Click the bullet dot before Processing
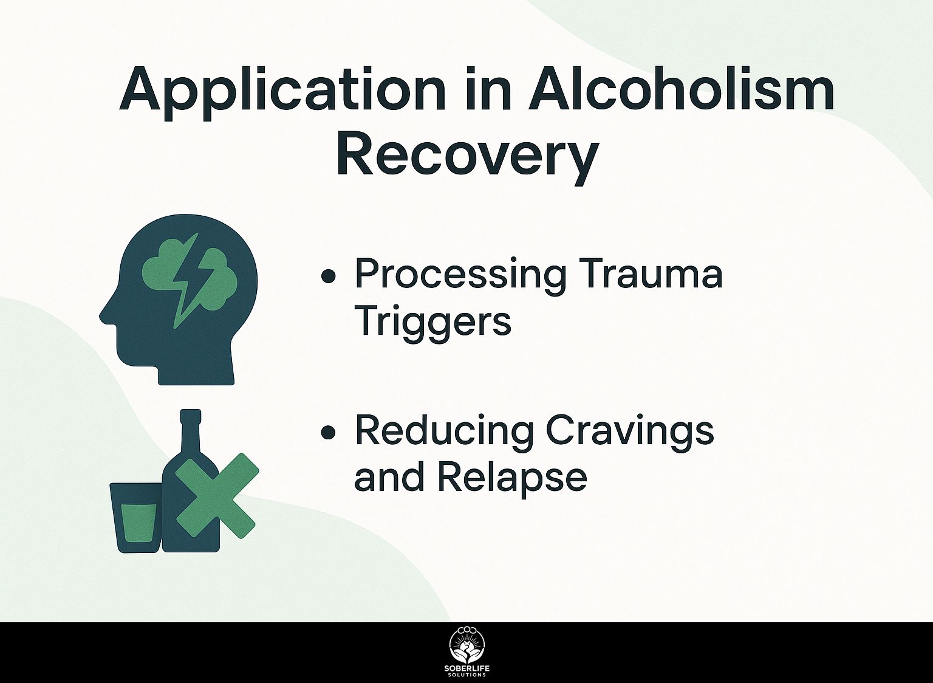pos(329,276)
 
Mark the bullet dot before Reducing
pos(329,433)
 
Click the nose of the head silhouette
pos(104,316)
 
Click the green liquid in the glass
pos(138,523)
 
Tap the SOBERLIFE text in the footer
pos(466,668)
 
